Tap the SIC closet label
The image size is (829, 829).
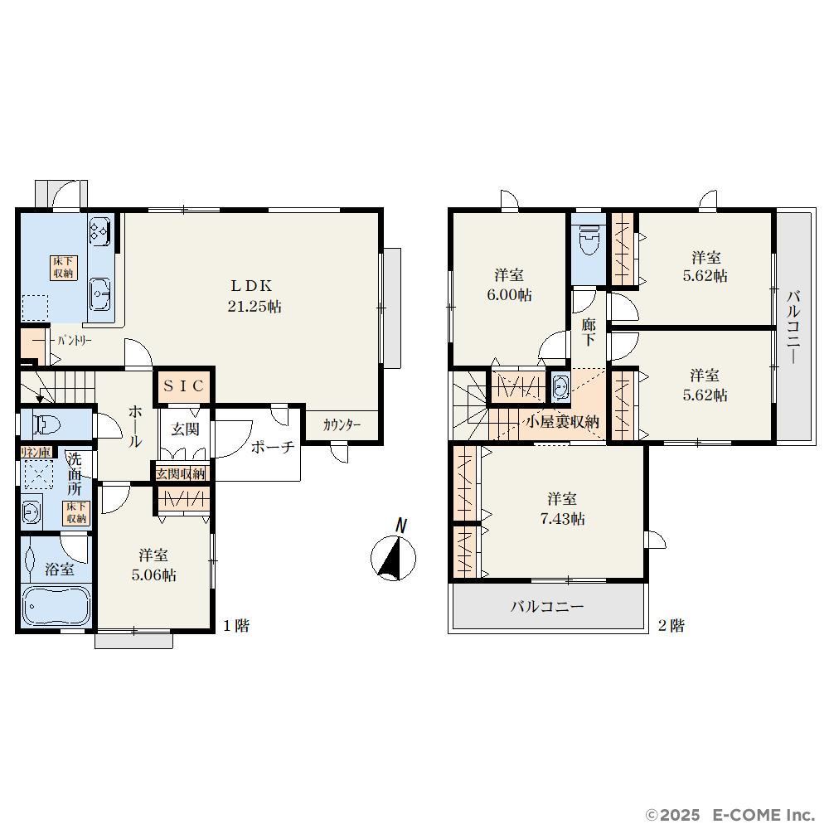pos(183,386)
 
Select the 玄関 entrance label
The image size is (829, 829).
pos(185,429)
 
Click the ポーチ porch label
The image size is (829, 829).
pos(272,448)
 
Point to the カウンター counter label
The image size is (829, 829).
pos(342,424)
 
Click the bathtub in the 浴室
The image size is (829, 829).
pos(56,606)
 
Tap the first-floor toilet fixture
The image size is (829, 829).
pos(46,424)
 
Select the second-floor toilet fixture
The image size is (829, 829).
pos(589,240)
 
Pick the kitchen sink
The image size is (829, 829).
pos(99,294)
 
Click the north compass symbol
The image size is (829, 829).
pos(394,552)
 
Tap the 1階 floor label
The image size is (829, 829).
pos(235,626)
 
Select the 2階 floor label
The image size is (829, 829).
pos(671,626)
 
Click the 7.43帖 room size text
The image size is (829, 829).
pos(562,519)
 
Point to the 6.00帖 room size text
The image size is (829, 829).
pos(509,294)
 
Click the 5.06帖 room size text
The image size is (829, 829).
pos(153,574)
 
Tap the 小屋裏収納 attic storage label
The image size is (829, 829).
pos(562,422)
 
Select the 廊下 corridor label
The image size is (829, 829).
pos(589,332)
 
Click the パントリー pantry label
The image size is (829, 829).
pos(75,341)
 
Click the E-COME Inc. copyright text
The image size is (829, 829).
pos(730,815)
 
